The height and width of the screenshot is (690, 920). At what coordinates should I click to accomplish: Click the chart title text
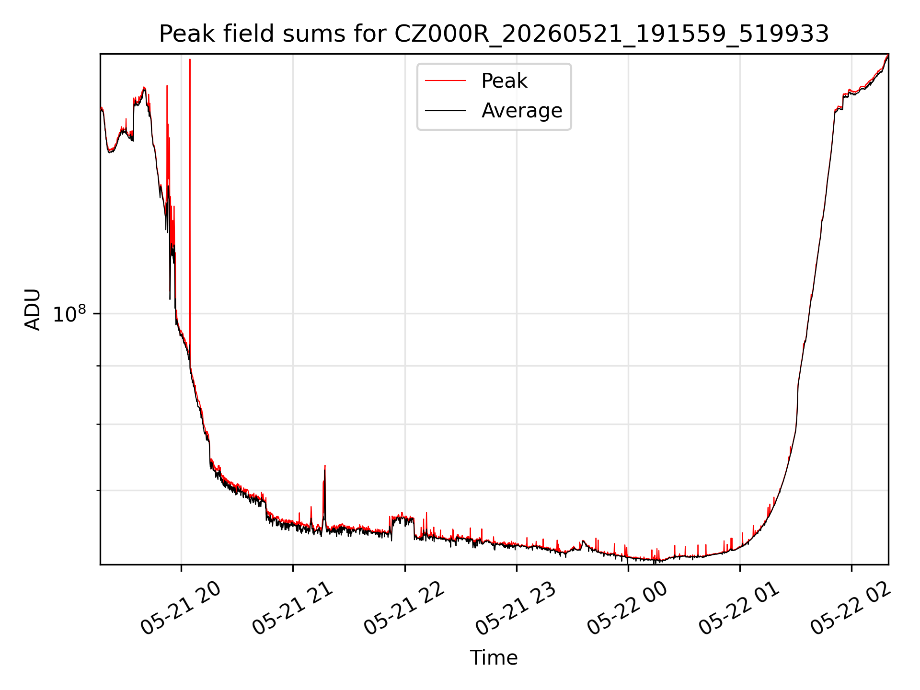(x=494, y=34)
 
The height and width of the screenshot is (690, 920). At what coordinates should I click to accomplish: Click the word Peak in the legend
(x=504, y=81)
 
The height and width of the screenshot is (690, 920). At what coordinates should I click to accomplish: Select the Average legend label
(x=522, y=111)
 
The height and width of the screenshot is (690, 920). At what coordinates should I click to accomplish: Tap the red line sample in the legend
(x=445, y=81)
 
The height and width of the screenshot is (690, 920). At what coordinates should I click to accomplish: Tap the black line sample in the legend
(x=445, y=111)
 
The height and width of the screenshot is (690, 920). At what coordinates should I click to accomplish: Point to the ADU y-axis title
(x=33, y=309)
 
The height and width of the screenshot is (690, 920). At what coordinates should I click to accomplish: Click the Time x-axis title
(x=494, y=657)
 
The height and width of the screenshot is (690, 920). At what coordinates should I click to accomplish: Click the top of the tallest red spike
(x=190, y=59)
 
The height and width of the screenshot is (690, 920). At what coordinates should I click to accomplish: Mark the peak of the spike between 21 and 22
(x=325, y=465)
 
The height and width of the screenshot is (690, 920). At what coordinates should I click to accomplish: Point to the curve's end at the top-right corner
(x=888, y=55)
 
